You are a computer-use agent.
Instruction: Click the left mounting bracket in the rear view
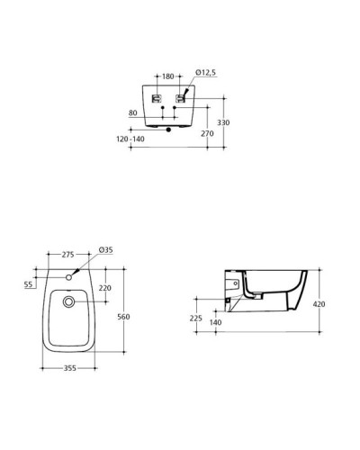157,99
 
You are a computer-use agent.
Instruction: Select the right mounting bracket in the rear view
182,99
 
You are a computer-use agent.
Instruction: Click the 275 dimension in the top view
68,256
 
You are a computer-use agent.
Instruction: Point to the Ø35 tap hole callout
105,249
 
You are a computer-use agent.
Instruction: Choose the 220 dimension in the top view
103,289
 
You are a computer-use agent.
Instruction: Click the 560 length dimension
124,317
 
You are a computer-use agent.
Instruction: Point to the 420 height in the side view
319,304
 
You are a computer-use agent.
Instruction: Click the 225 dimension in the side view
196,319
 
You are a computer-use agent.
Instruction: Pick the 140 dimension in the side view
217,323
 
